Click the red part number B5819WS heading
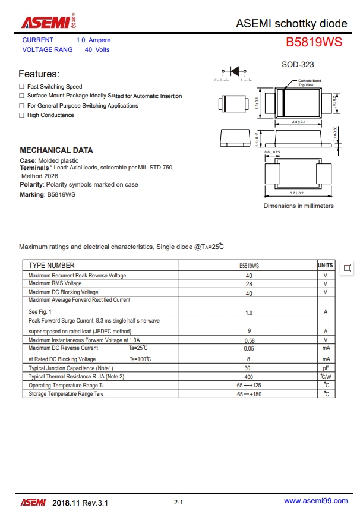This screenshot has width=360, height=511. (314, 43)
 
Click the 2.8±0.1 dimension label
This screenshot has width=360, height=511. (298, 122)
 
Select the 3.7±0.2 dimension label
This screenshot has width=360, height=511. (296, 193)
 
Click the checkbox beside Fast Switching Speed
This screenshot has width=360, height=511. (21, 87)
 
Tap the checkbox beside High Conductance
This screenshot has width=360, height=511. (21, 115)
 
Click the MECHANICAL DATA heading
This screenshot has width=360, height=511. (56, 150)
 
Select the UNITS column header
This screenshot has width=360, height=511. (326, 266)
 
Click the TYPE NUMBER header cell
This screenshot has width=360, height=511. (52, 266)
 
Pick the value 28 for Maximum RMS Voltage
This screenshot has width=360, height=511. (249, 284)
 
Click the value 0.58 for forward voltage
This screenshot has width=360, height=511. (250, 340)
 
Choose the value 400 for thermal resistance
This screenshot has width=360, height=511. (249, 377)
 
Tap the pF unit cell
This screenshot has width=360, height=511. (326, 368)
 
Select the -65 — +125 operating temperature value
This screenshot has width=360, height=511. (248, 386)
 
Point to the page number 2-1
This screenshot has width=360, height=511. (178, 503)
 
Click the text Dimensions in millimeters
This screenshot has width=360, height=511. (298, 206)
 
